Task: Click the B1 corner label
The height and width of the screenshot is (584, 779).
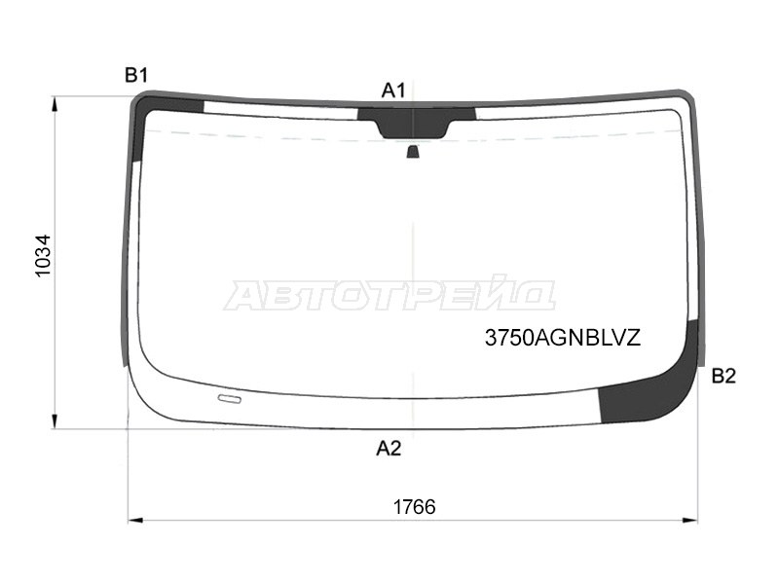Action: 136,76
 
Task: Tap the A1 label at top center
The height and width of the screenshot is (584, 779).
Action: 393,91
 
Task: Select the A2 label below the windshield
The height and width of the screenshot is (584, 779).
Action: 389,449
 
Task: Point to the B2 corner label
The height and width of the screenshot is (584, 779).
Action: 723,376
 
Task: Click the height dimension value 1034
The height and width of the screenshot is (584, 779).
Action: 43,256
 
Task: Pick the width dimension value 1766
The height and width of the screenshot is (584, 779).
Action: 415,507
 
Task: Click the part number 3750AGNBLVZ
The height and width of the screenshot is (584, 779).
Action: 563,338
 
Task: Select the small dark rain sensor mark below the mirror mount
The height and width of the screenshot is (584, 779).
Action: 413,152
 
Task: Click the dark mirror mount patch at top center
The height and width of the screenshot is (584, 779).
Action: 415,123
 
